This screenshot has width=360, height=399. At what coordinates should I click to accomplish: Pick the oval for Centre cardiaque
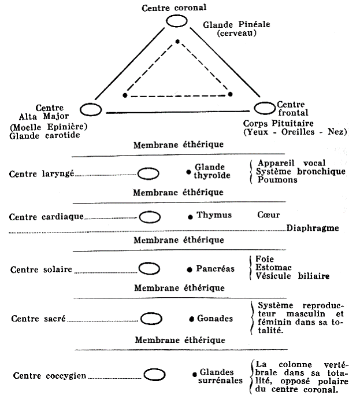click(150, 217)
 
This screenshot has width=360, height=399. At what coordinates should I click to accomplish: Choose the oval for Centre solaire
click(150, 268)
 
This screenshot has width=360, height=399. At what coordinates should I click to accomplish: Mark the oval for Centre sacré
click(151, 319)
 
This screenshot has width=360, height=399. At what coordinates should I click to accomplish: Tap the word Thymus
click(214, 215)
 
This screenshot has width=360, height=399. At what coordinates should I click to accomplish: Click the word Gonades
click(215, 319)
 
